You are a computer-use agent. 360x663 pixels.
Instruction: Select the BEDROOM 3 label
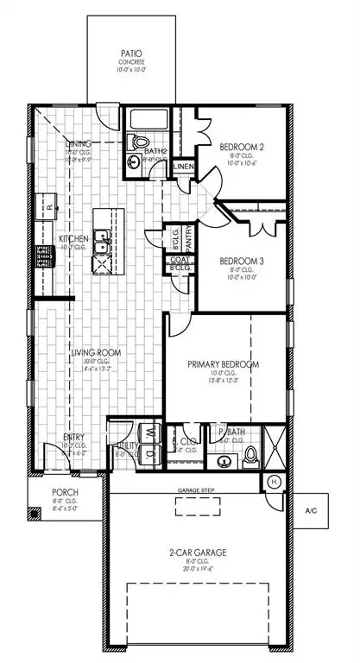coord(239,261)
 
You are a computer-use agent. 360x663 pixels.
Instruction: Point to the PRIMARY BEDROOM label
coord(224,363)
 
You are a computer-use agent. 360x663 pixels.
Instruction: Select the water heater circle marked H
coord(275,481)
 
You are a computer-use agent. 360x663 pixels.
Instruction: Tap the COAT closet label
coord(179,259)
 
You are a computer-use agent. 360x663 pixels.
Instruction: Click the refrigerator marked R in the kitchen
coord(50,207)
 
